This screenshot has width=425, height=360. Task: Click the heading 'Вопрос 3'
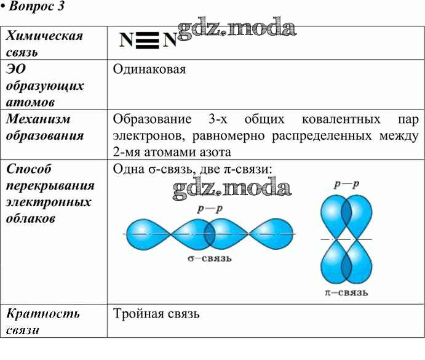(36, 6)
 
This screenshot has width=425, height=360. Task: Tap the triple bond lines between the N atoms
(147, 41)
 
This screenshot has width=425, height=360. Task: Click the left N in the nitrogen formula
(126, 41)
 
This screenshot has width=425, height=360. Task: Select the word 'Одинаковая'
(149, 70)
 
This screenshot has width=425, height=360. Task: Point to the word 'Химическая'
(44, 36)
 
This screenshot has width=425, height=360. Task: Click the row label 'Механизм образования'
(45, 127)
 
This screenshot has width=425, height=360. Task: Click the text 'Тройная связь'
(156, 314)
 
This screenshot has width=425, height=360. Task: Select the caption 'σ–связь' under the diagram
(210, 258)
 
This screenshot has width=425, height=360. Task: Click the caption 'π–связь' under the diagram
(346, 292)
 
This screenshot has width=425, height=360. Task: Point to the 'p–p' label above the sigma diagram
(210, 209)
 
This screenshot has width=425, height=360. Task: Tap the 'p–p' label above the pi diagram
(347, 184)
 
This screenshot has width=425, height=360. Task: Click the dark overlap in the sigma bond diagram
(210, 234)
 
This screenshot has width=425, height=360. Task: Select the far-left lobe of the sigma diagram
(148, 234)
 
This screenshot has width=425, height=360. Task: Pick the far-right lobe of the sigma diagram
(271, 234)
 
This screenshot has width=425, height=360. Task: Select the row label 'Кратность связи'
(43, 322)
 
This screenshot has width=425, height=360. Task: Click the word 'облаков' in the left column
(31, 218)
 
